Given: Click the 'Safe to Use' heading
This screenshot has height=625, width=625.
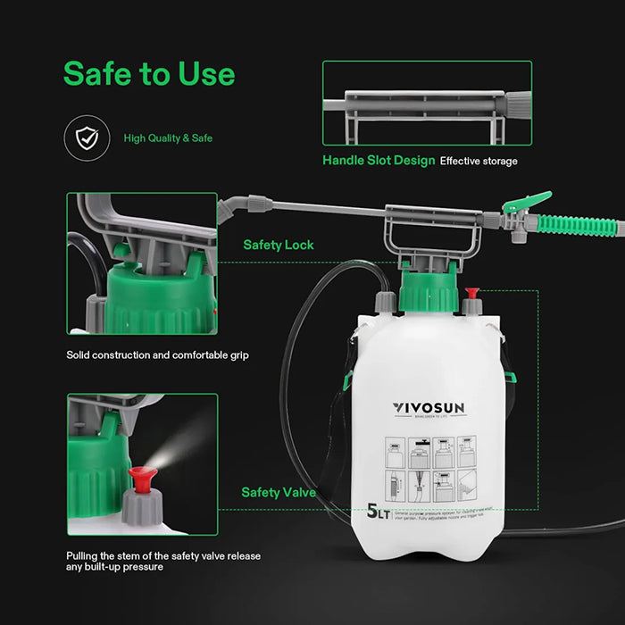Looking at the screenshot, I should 149,74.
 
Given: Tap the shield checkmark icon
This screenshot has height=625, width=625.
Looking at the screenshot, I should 87,137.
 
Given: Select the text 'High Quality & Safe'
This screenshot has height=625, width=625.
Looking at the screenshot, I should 168,138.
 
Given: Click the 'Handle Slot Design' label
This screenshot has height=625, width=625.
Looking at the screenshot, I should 379,162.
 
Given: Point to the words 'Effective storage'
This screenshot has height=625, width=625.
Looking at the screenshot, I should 478,162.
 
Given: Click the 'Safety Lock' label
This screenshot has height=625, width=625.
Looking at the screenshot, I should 279,245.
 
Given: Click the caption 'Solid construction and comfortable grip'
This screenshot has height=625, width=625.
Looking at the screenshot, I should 157,355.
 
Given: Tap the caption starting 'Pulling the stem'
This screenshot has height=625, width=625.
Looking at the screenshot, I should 163,561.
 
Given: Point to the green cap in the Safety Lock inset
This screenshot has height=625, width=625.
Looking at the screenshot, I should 160,295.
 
